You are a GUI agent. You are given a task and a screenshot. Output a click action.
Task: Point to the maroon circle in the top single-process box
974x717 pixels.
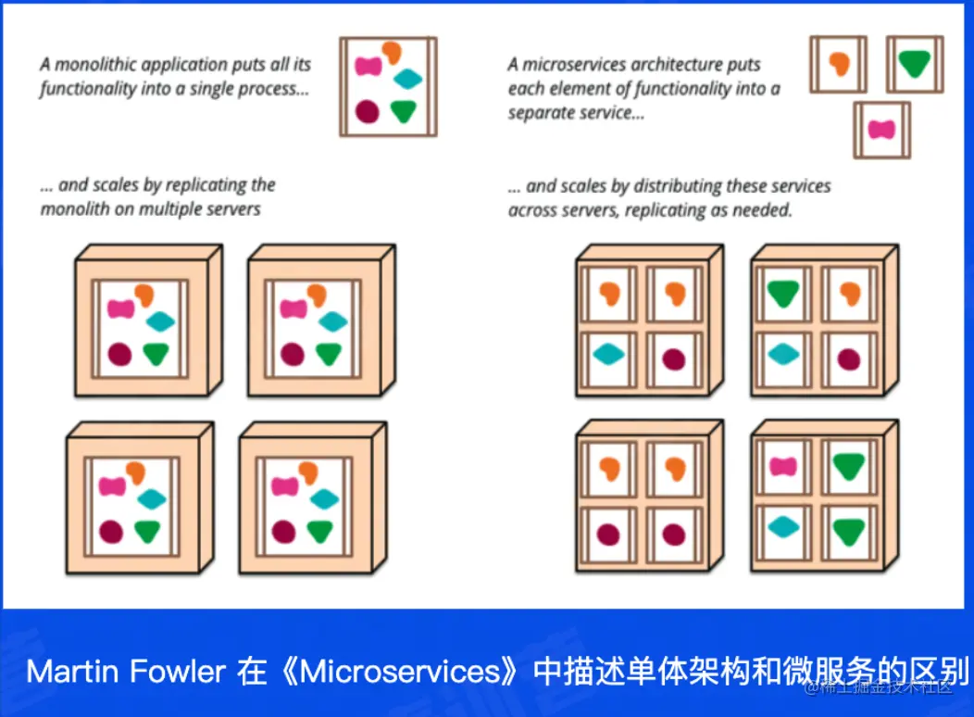[x=368, y=111]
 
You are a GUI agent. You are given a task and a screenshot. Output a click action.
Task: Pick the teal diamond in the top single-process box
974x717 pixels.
[x=407, y=80]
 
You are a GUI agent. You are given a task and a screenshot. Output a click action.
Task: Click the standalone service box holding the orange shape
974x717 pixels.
[x=839, y=64]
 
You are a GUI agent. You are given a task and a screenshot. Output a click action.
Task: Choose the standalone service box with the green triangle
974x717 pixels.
[x=914, y=64]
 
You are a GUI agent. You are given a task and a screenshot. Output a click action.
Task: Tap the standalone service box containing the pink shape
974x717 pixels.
[x=881, y=129]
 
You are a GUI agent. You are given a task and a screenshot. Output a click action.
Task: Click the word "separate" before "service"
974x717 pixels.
[x=541, y=113]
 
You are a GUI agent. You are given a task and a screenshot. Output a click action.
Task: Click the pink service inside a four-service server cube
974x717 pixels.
[x=783, y=466]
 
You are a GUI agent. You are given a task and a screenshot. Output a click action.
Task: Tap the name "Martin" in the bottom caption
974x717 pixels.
[x=64, y=671]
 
